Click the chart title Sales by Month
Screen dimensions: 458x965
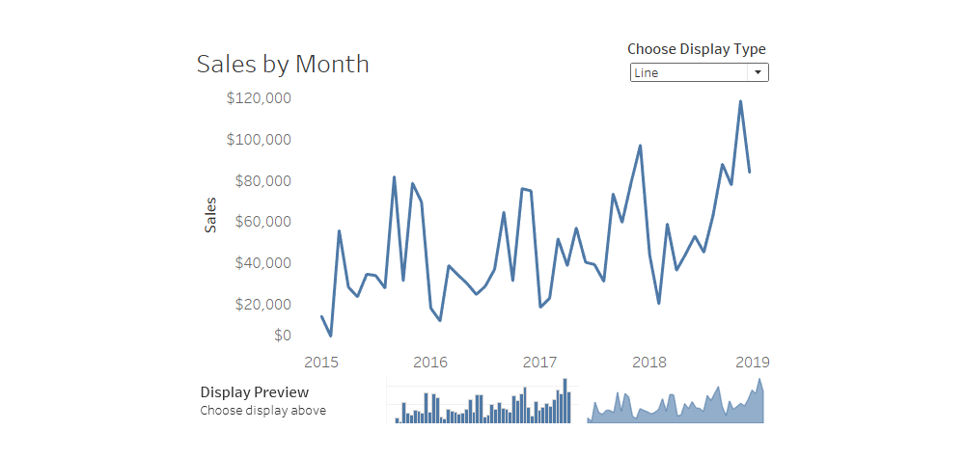(283, 65)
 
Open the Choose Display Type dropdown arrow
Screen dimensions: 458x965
(758, 72)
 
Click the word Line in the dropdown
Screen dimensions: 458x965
(647, 73)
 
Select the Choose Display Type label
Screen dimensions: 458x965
(697, 49)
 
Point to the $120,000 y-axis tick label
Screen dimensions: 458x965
(259, 98)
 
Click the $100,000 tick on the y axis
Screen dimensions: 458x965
(259, 140)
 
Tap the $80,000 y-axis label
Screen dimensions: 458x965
(262, 181)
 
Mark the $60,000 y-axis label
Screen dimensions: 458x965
(262, 222)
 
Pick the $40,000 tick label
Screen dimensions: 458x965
(262, 263)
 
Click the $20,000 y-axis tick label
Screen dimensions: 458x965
(262, 305)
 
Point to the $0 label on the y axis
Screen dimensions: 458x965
(282, 336)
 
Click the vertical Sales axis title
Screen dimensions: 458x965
(210, 214)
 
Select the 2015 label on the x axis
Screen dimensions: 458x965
(320, 363)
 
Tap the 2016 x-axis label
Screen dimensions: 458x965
(430, 363)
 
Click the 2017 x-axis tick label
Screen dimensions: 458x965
(540, 363)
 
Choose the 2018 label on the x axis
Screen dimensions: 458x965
(649, 363)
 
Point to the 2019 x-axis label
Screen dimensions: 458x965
(752, 363)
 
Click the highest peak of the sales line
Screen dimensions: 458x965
(740, 101)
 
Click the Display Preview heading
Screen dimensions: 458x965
(255, 392)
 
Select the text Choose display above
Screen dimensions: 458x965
(262, 411)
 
